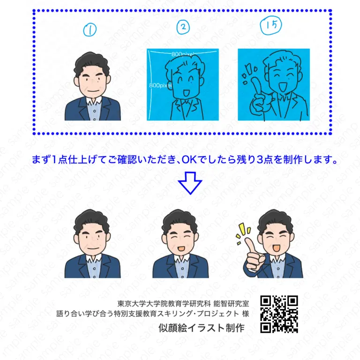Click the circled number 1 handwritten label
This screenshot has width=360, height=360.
90,30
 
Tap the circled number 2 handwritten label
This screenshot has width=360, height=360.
183,27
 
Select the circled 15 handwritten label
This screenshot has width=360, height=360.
271,25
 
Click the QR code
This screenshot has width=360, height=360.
279,314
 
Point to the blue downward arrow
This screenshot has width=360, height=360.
190,183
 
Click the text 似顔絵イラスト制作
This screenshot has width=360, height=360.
202,328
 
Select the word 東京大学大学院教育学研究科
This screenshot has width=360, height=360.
164,304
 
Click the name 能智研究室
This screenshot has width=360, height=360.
231,304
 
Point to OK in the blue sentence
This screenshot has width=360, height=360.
189,160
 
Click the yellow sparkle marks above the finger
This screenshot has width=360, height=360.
243,232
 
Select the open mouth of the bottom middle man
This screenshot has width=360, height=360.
181,248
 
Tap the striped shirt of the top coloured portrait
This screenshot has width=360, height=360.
94,111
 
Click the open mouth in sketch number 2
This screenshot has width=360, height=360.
186,93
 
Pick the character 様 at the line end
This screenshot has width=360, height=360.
246,314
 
